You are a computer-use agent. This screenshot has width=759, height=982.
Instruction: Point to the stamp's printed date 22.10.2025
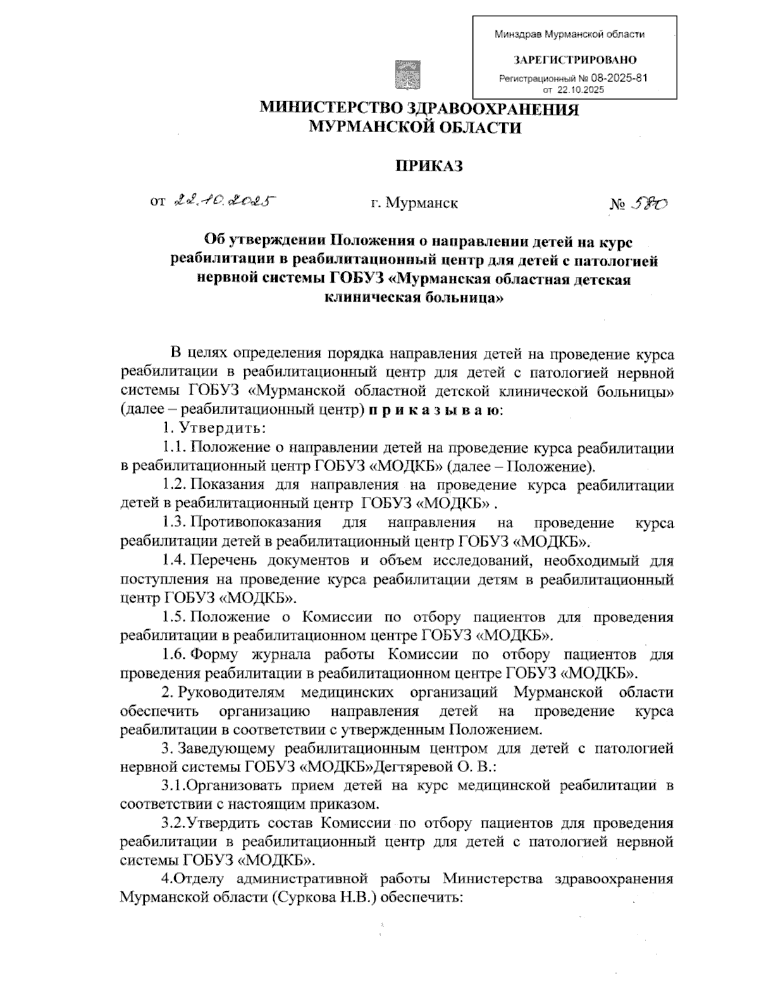(x=580, y=90)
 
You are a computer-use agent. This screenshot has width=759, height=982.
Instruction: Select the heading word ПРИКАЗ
(x=429, y=166)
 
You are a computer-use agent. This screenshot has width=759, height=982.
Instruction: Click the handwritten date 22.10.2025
(x=225, y=201)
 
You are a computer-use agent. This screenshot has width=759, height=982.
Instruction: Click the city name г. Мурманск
(x=414, y=203)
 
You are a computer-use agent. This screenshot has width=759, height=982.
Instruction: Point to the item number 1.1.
(x=175, y=448)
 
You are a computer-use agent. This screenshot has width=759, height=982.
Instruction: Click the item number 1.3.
(x=175, y=522)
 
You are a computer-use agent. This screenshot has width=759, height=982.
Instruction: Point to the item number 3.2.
(x=173, y=823)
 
